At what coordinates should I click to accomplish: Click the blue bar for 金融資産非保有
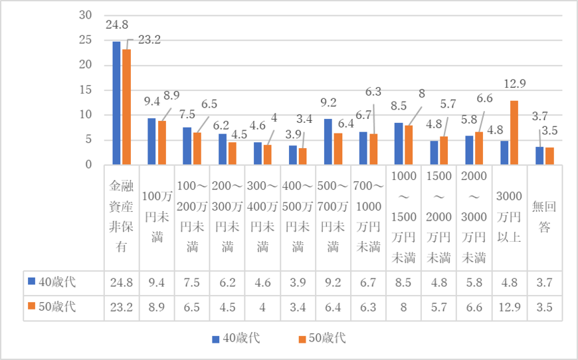116,103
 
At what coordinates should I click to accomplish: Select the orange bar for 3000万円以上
514,133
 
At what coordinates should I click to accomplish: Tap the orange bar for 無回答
549,156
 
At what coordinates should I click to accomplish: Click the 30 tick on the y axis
85,15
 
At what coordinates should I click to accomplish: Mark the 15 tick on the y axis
85,90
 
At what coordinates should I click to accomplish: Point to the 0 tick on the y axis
88,165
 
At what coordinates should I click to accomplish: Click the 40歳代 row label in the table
56,282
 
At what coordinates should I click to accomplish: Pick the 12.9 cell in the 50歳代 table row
509,307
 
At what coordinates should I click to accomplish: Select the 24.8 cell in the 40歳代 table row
122,282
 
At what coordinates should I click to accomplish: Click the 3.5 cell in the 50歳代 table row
544,307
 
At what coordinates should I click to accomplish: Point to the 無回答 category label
544,217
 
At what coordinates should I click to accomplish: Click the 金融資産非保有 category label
122,217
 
